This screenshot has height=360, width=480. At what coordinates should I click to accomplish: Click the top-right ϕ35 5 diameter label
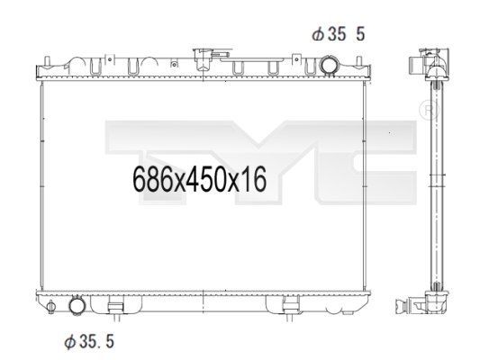[x=339, y=33]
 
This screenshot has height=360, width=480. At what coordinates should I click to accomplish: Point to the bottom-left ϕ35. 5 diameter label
[x=89, y=341]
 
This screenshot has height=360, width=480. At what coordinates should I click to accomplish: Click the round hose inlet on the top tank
[x=328, y=65]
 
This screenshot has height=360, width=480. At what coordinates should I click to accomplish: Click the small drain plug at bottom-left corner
[x=50, y=306]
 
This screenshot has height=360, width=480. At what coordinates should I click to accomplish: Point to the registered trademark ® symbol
[x=429, y=110]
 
